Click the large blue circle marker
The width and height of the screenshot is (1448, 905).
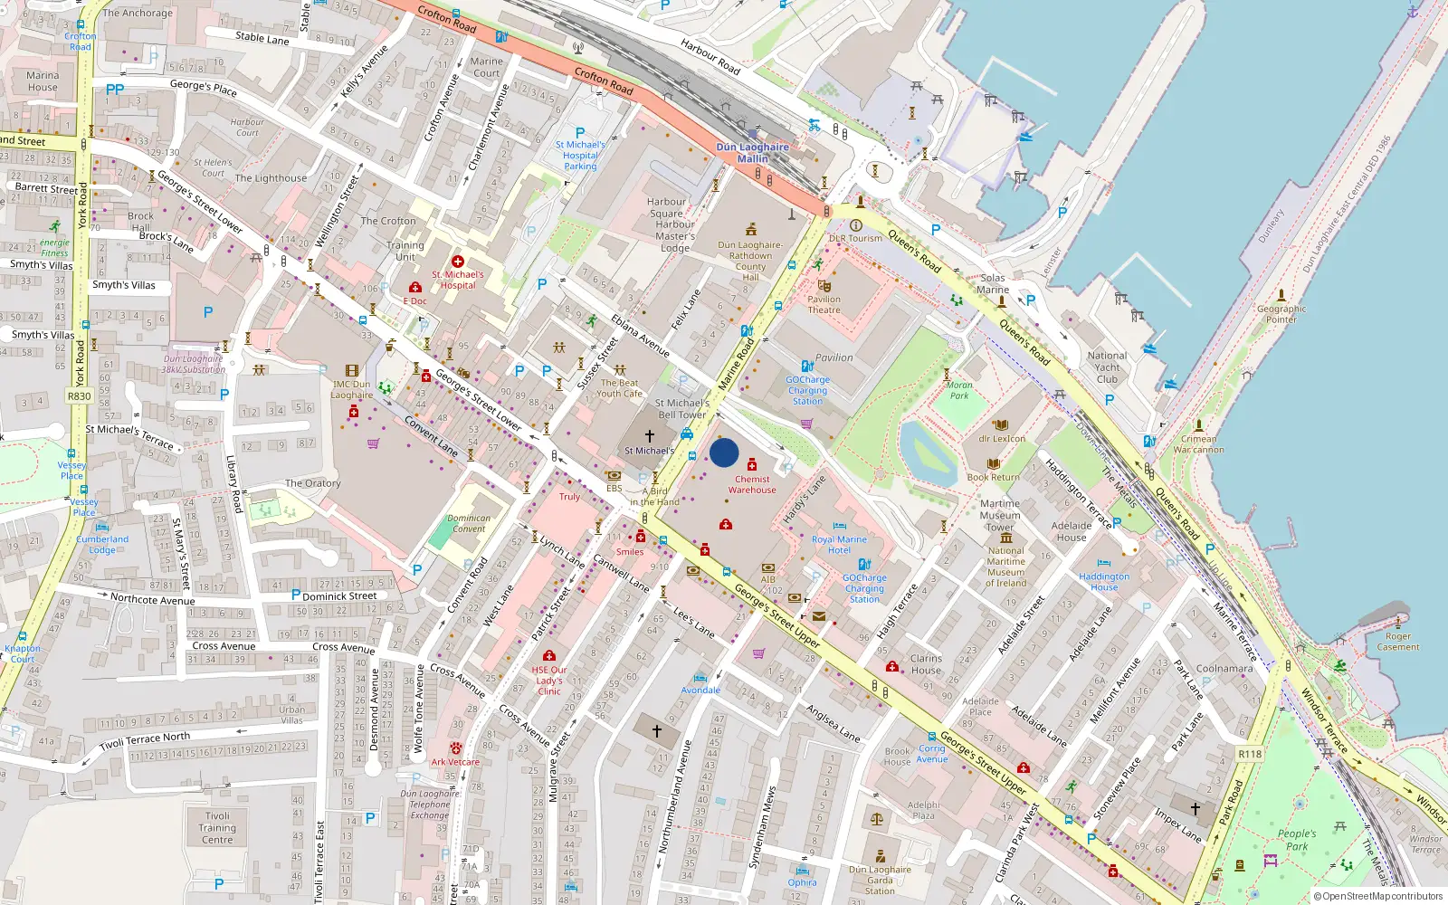click(724, 452)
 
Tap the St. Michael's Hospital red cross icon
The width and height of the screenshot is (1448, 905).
click(458, 262)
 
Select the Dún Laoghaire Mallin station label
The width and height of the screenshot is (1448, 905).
click(752, 152)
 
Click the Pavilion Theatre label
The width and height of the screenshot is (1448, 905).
click(824, 305)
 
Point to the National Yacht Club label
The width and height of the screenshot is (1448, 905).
click(1107, 367)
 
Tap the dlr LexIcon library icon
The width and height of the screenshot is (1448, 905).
click(1000, 424)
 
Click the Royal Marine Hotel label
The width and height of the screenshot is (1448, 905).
click(839, 544)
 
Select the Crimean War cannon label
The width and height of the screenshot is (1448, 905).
click(1198, 443)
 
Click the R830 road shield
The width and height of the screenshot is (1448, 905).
click(80, 395)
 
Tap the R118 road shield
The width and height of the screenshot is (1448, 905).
click(1250, 754)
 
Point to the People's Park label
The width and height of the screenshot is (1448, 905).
click(1297, 840)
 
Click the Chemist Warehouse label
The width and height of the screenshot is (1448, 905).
click(752, 484)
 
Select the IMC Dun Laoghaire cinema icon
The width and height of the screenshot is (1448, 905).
click(352, 371)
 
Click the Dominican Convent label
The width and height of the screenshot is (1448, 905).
click(469, 523)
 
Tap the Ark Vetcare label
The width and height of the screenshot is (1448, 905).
click(455, 762)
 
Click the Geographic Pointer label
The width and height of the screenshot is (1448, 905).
click(1281, 313)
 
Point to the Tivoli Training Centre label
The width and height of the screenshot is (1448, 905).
click(217, 827)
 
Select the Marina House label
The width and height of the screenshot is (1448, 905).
click(43, 81)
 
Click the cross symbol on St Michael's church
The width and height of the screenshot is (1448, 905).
click(649, 436)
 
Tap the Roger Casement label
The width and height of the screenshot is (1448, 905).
click(1397, 641)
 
